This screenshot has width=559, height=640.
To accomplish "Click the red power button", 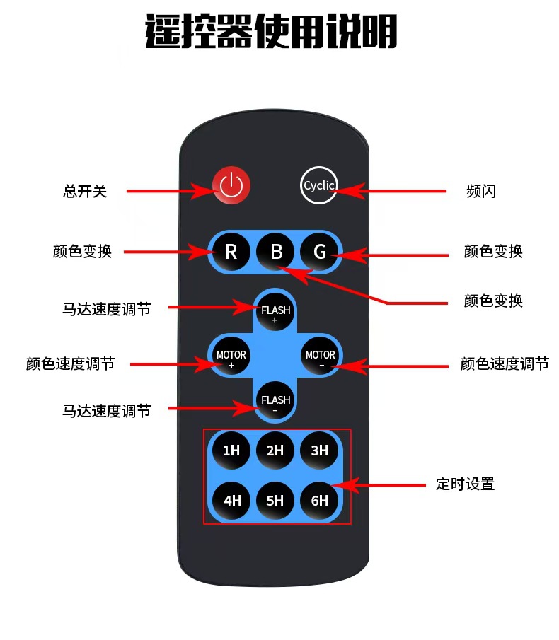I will pos(231,186).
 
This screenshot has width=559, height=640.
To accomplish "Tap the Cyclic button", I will pos(318,185).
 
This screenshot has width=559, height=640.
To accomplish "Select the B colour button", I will pos(276,251).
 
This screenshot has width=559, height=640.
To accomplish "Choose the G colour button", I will pos(320,251).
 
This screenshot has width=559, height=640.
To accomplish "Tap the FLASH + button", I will pos(275,311).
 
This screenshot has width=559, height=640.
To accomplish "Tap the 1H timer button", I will pos(231,450).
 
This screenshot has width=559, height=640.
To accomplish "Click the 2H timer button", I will pos(275,450).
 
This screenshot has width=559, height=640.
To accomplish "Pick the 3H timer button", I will pos(320,450).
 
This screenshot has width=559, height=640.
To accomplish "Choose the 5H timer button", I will pos(275,500).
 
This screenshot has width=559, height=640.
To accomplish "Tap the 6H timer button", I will pos(320,500).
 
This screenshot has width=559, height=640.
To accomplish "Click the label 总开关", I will pos(85,191).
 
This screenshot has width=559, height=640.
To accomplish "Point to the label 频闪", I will pos(481,191).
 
